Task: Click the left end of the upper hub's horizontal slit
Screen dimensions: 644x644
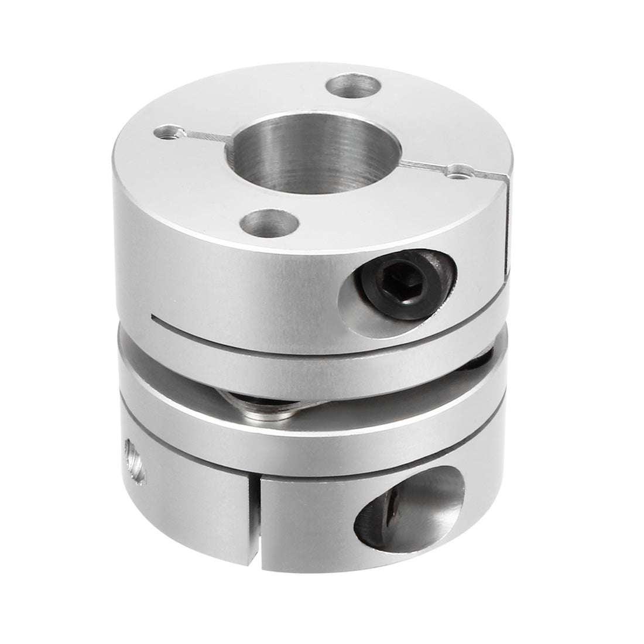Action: [x=155, y=319]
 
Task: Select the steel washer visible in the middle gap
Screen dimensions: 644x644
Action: [x=258, y=406]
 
